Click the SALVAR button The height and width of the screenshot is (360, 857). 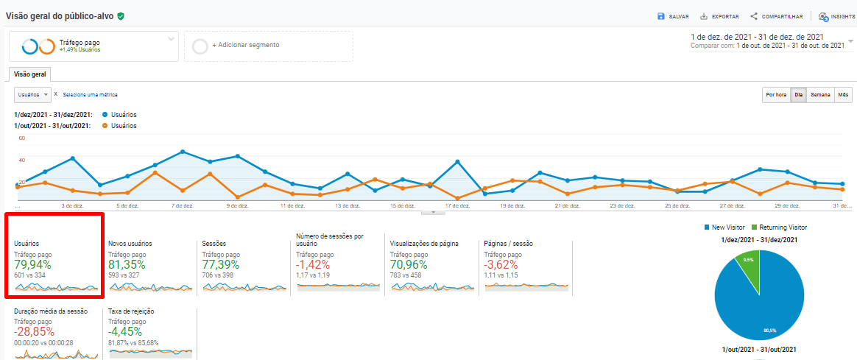tap(673, 16)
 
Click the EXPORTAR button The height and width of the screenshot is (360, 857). tap(719, 16)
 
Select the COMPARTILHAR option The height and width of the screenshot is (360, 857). tap(776, 16)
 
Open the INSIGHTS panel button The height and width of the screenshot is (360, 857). tap(837, 16)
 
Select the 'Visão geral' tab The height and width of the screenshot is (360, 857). tap(29, 74)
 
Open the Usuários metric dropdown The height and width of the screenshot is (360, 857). tap(32, 95)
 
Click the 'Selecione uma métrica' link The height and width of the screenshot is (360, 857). tap(90, 95)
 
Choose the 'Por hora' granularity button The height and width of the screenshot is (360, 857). tap(776, 95)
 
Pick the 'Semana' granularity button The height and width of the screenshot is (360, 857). tap(820, 95)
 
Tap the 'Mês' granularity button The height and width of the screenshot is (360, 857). tap(844, 95)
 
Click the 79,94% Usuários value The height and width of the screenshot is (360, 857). tap(34, 265)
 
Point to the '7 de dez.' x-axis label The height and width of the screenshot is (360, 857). tap(181, 206)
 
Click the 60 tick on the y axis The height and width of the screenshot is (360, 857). tap(21, 138)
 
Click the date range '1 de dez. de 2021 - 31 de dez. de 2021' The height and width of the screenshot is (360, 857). tap(756, 37)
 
